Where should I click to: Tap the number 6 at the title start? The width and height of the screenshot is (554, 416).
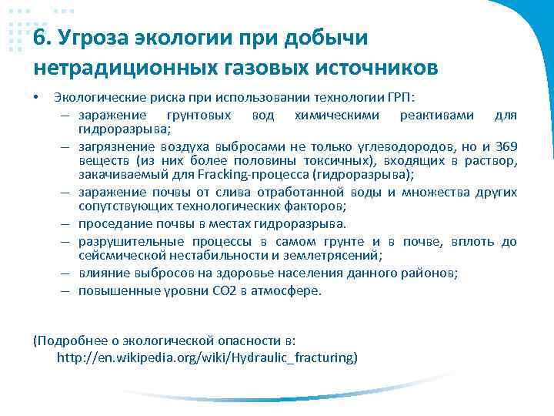[40, 39]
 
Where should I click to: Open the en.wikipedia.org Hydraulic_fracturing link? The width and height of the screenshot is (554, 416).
[207, 358]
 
